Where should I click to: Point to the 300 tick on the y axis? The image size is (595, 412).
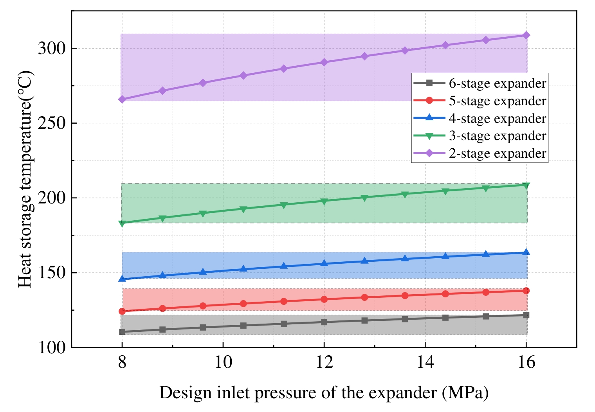click(51, 49)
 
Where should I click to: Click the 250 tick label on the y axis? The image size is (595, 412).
click(51, 123)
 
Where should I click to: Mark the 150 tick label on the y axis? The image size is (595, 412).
click(51, 273)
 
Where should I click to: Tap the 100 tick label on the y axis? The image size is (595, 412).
click(51, 347)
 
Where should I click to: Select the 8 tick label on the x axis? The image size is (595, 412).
click(122, 363)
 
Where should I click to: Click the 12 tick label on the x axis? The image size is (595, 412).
click(324, 363)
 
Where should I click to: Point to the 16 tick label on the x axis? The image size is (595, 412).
click(526, 363)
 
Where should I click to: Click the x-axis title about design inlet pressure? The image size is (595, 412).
click(324, 392)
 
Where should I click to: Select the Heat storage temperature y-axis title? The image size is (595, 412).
click(25, 179)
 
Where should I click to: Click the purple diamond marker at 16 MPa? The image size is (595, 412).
click(526, 36)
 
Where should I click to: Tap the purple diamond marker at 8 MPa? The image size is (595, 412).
click(122, 99)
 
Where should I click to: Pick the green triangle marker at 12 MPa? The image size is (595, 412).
click(324, 202)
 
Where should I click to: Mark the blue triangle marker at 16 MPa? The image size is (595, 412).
click(526, 252)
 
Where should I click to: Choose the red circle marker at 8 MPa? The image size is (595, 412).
click(122, 311)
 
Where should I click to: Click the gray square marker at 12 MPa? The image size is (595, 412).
click(324, 322)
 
